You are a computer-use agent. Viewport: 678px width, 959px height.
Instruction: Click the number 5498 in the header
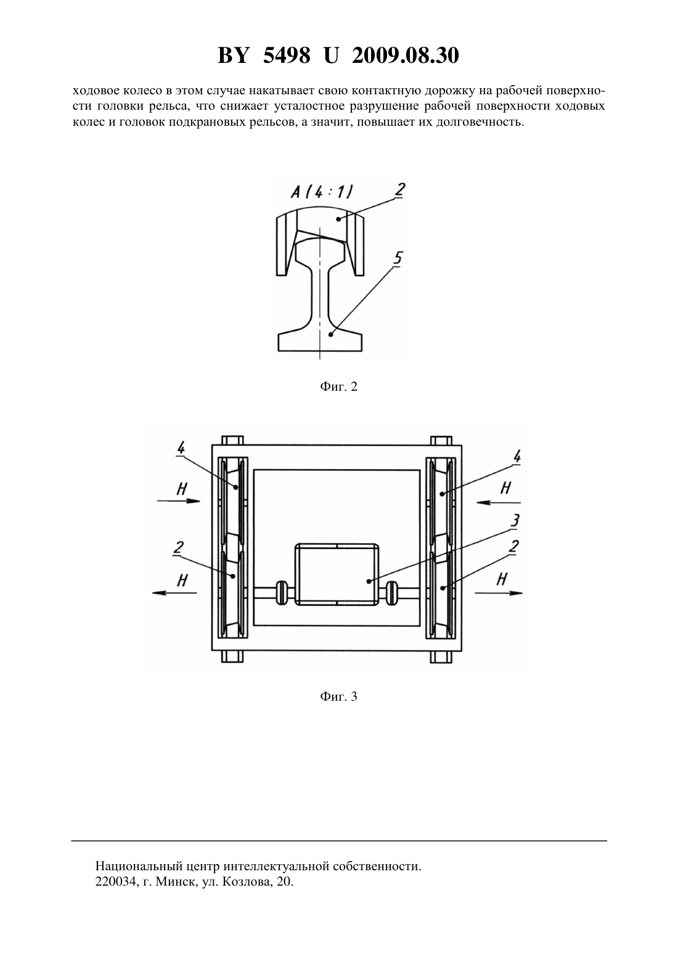[x=287, y=55]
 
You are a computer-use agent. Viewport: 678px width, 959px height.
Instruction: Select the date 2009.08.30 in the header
[x=406, y=55]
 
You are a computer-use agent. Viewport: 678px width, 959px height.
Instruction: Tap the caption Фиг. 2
[x=338, y=386]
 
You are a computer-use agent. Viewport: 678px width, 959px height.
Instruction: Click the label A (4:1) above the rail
[x=322, y=192]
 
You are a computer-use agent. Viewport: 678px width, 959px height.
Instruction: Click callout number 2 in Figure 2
[x=399, y=190]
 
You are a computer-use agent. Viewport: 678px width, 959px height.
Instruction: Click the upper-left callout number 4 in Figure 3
[x=181, y=448]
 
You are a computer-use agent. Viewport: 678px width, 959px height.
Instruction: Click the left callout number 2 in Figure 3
[x=179, y=547]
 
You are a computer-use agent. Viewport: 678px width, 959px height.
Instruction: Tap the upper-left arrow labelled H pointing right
[x=179, y=501]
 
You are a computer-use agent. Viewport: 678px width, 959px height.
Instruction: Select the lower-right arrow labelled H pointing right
[x=499, y=593]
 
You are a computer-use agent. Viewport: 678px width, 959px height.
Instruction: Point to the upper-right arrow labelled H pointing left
[x=499, y=502]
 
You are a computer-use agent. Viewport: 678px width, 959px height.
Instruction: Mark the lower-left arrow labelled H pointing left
[x=174, y=592]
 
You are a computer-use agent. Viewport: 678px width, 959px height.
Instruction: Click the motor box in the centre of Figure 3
[x=337, y=574]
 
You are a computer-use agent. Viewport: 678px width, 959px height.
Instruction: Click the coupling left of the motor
[x=281, y=593]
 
